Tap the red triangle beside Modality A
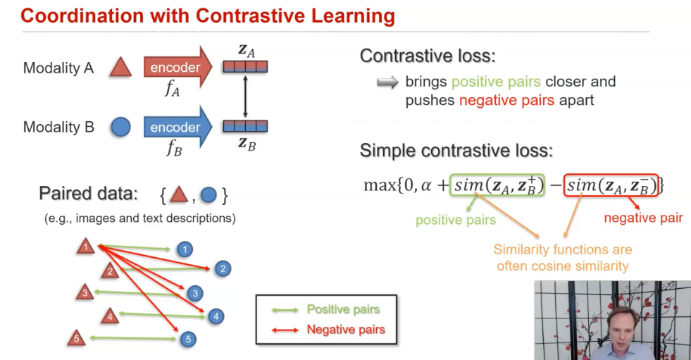click(120, 68)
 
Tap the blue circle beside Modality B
click(120, 128)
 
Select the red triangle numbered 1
click(86, 247)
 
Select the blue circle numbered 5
click(187, 340)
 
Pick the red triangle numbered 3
click(85, 292)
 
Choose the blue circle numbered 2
click(223, 268)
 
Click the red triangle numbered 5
click(76, 339)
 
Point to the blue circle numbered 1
click(185, 249)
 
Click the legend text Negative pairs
click(346, 330)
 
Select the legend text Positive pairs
click(343, 309)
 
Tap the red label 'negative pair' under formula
click(643, 218)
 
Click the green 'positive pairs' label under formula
click(455, 221)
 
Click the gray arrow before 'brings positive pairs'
click(387, 82)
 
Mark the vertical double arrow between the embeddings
click(245, 97)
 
